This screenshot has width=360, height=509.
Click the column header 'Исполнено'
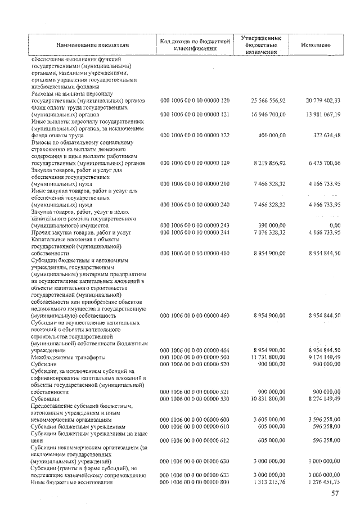pyautogui.click(x=315, y=44)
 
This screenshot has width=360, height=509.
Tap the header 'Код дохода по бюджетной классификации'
pyautogui.click(x=195, y=44)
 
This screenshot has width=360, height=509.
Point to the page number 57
pyautogui.click(x=336, y=493)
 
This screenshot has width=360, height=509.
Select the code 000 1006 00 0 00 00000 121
pyautogui.click(x=195, y=114)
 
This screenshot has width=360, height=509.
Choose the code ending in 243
pyautogui.click(x=195, y=225)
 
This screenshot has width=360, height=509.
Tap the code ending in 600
pyautogui.click(x=195, y=419)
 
